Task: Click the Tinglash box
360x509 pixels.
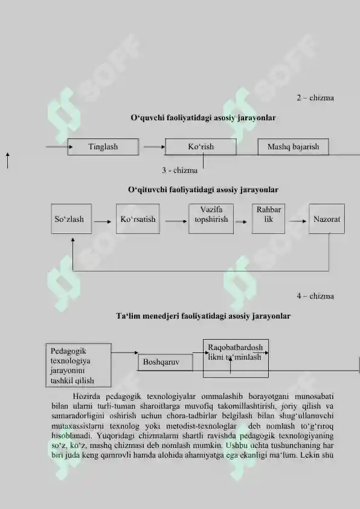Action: pos(103,147)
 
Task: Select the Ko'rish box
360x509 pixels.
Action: pos(201,147)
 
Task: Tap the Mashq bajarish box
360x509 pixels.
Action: pos(293,147)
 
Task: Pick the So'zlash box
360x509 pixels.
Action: pos(71,219)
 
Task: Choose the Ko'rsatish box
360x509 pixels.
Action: pos(138,219)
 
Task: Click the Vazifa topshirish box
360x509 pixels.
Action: pos(211,219)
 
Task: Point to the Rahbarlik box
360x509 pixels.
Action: pos(269,219)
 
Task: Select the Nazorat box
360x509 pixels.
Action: pos(327,219)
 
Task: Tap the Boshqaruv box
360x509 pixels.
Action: pos(166,362)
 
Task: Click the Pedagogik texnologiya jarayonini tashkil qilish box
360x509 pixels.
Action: pos(79,365)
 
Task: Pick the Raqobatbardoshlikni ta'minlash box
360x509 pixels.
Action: pos(236,358)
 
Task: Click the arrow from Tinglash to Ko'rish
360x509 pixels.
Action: pos(155,147)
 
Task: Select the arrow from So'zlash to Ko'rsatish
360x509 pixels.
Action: pos(103,222)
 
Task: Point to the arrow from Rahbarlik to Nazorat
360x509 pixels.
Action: pos(298,221)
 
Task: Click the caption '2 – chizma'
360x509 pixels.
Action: pos(315,98)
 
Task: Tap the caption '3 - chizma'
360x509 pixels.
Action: pos(179,170)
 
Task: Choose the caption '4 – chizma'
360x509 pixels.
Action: pos(315,296)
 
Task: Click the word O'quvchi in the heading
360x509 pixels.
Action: pos(147,118)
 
